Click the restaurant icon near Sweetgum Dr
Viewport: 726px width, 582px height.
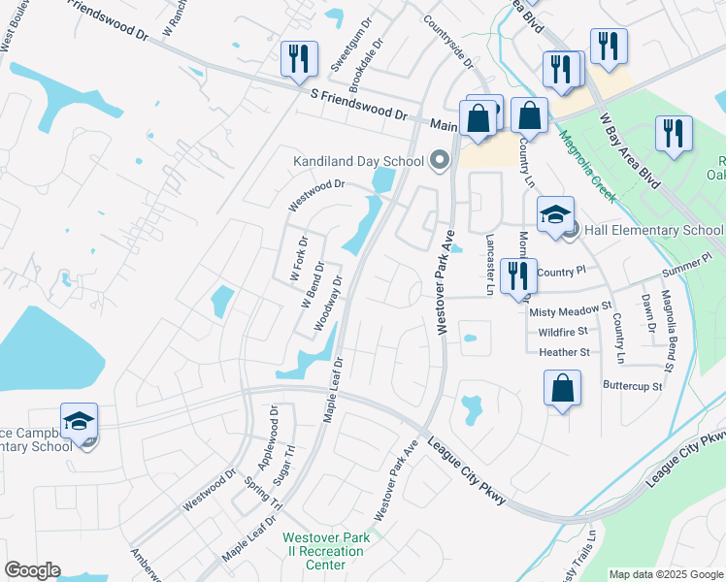pos(298,58)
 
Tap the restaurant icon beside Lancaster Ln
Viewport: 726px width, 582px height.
pos(519,276)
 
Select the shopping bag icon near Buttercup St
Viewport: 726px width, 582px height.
pos(562,389)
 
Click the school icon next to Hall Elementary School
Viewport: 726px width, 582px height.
pos(554,215)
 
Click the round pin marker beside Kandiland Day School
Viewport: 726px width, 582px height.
pos(439,161)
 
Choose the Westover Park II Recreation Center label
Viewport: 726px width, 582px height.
pos(323,551)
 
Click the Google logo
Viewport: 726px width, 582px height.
pos(32,570)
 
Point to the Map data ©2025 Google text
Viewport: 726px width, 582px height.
pos(665,574)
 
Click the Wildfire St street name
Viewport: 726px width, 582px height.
pos(564,333)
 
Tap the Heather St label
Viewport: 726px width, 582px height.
pos(564,353)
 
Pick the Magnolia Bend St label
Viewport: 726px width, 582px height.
pos(667,330)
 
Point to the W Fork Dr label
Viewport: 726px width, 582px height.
pos(299,260)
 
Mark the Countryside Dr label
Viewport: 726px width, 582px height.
pos(447,42)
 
